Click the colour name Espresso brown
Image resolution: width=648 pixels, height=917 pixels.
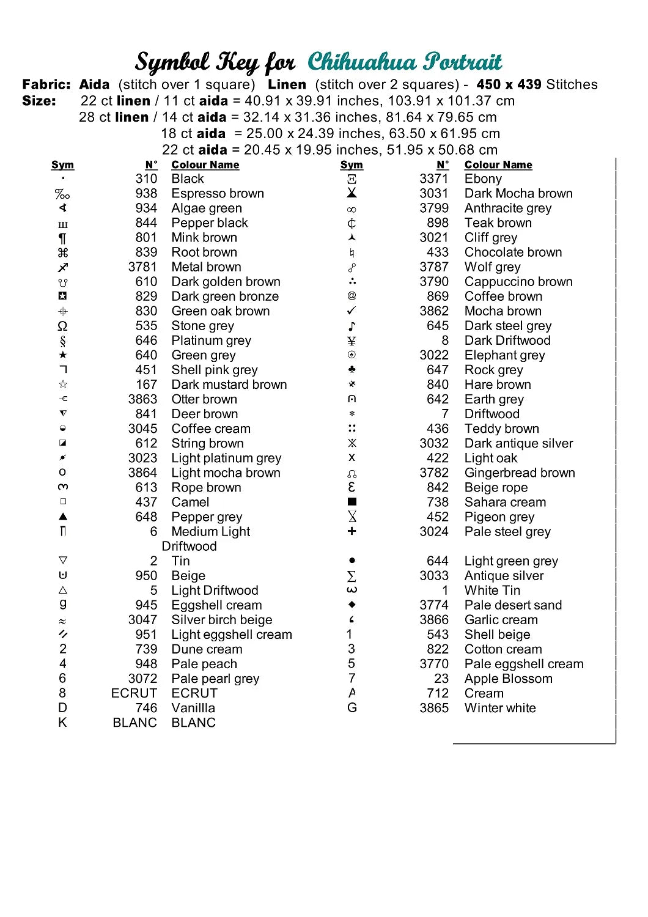coord(218,194)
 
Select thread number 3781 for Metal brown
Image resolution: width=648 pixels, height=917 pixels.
coord(142,267)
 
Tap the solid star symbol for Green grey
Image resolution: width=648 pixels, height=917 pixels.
coord(63,355)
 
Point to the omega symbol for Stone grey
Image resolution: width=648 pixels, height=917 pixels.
coord(62,326)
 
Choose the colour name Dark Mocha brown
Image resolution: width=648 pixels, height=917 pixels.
coord(518,194)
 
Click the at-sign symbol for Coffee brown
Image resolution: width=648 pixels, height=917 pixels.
coord(352,296)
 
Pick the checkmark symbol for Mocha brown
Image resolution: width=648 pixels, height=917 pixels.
coord(352,311)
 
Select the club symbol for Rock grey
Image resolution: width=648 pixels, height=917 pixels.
coord(352,369)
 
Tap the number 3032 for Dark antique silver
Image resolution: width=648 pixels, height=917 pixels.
coord(434,443)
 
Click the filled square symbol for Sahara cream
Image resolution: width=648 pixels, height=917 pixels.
coord(352,502)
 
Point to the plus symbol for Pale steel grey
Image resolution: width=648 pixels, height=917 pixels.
coord(352,531)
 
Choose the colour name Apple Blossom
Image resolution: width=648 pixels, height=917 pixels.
coord(508,679)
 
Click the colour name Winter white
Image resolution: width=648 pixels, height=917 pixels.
coord(500,708)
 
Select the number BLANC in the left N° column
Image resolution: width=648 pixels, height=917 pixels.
coord(134,723)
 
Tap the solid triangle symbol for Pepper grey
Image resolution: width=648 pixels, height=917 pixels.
coord(63,517)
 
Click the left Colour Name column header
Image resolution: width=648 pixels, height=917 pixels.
coord(205,165)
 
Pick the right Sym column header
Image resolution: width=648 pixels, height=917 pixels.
coord(352,165)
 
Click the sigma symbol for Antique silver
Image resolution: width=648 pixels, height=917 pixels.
coord(352,576)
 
